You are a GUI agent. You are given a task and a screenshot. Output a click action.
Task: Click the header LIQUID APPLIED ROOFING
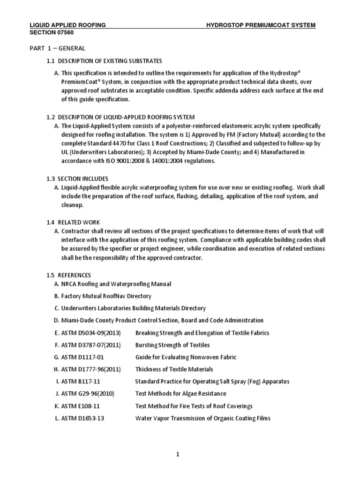[67, 25]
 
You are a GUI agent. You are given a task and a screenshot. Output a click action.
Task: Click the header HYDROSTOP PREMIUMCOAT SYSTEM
[261, 25]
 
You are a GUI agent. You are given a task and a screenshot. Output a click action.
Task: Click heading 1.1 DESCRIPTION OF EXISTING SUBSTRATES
[104, 61]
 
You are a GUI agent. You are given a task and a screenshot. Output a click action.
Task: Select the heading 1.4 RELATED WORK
[73, 222]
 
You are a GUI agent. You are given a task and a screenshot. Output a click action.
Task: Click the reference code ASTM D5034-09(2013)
[91, 333]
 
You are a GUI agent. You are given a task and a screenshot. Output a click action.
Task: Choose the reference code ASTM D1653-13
[83, 418]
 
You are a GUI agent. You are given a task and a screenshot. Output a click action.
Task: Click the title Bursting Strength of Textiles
[172, 345]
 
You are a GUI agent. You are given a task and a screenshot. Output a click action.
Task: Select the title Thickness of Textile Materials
[174, 369]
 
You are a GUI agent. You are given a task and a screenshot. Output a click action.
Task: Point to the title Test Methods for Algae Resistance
[180, 394]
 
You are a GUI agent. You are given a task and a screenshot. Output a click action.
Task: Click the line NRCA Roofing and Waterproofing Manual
[116, 284]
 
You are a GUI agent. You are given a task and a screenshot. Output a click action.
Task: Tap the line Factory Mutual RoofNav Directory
[106, 296]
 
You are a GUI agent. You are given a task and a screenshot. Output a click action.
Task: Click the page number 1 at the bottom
[178, 454]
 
